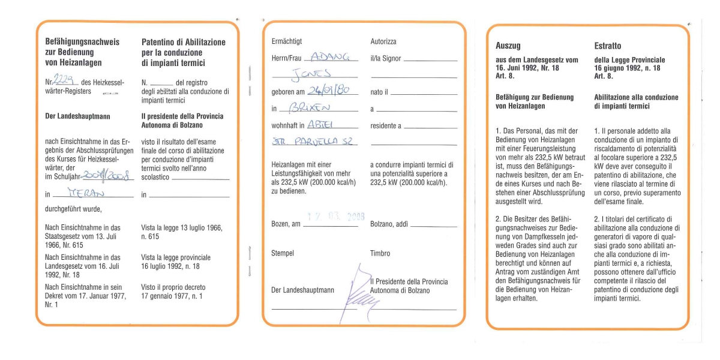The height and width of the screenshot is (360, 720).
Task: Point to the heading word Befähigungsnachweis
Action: coord(82,42)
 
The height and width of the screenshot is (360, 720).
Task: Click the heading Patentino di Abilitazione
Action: coord(183,43)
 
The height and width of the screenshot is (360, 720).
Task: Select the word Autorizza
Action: coord(383,41)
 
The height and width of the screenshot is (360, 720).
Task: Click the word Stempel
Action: coord(282,253)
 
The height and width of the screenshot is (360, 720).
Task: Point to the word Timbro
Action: coord(380,253)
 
